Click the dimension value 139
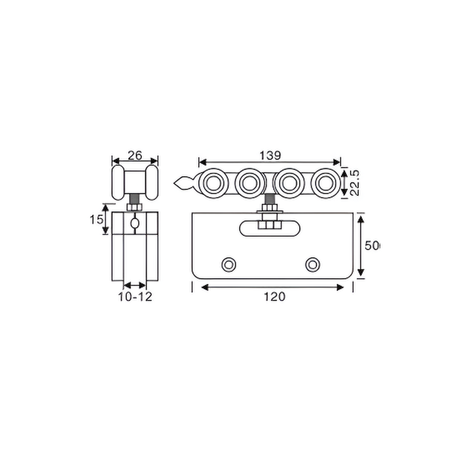tap(270, 156)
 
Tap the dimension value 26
tap(135, 155)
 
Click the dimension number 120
tap(275, 297)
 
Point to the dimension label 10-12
tap(135, 297)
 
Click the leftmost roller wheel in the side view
tap(213, 183)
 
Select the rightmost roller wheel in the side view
tap(325, 183)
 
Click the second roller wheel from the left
tap(250, 183)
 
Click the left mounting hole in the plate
tap(229, 265)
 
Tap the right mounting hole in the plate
tap(312, 265)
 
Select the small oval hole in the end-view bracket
tap(135, 223)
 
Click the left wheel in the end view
tap(118, 182)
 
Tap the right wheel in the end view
tap(152, 182)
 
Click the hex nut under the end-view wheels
tap(135, 207)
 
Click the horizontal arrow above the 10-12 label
tap(135, 285)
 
